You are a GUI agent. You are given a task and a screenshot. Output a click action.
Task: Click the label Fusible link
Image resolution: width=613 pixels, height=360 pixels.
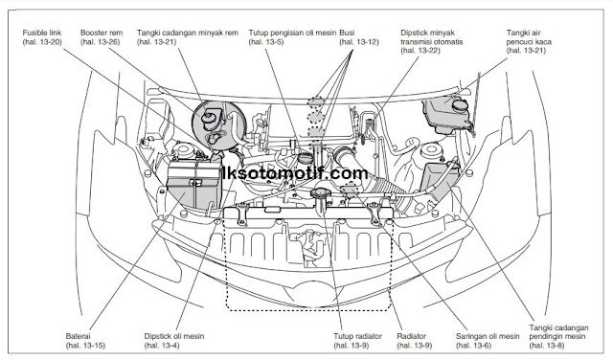click(42, 33)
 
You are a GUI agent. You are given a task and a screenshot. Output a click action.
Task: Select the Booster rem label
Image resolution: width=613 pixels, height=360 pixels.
click(102, 33)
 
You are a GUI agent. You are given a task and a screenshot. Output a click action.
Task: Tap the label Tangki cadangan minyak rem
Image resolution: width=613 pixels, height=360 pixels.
click(188, 33)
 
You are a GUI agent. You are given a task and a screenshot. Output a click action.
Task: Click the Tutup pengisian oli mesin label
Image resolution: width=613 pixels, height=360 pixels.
click(292, 33)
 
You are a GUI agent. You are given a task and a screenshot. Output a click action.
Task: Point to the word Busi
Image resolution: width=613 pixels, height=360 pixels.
click(347, 33)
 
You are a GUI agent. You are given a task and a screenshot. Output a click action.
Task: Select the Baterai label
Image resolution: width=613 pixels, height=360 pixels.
click(79, 336)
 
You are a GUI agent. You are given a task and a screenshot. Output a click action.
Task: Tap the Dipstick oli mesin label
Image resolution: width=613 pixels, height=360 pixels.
click(174, 336)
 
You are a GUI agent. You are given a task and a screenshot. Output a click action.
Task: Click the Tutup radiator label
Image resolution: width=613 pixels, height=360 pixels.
click(357, 336)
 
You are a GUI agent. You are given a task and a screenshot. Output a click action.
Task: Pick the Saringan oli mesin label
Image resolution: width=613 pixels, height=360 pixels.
click(488, 336)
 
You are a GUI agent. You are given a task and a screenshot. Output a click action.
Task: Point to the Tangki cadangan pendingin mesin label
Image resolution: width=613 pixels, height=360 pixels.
click(558, 332)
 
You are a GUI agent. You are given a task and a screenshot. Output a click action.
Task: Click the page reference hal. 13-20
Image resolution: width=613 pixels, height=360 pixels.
click(42, 42)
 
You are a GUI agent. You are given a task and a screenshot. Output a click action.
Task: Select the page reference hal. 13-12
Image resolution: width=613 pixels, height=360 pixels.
click(359, 42)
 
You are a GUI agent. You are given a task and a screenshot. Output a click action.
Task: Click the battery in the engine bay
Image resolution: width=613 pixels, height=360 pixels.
click(193, 185)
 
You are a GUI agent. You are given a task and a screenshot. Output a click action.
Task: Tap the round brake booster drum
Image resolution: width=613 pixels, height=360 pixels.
click(219, 125)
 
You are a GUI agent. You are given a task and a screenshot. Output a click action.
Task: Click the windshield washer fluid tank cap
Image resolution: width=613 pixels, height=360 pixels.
click(460, 104)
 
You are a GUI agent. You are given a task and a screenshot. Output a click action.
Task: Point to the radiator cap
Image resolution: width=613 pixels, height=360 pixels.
click(322, 193)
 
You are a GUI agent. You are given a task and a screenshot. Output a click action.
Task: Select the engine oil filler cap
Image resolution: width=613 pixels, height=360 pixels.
click(305, 158)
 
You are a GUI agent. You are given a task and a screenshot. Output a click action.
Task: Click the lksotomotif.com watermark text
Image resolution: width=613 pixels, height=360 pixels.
click(295, 173)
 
